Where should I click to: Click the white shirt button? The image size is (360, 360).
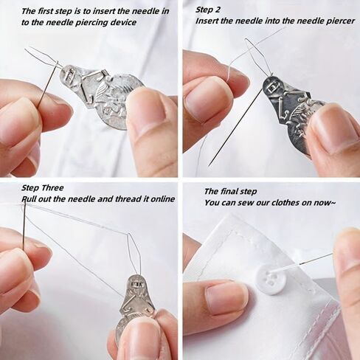pos(270,281)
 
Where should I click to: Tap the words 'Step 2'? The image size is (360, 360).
pos(208,10)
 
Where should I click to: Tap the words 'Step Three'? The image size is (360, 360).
pos(43,188)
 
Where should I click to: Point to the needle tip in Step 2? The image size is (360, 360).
pos(209,167)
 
